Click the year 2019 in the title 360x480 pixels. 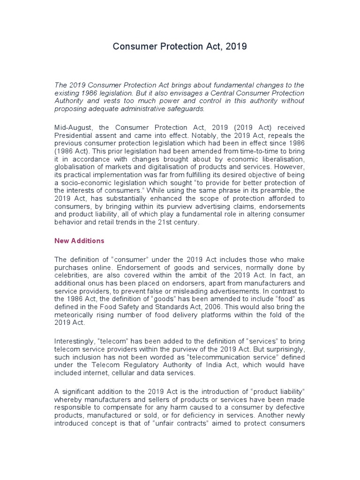[x=236, y=47]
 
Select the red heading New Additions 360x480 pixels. [x=79, y=241]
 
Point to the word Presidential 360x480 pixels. [x=75, y=136]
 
